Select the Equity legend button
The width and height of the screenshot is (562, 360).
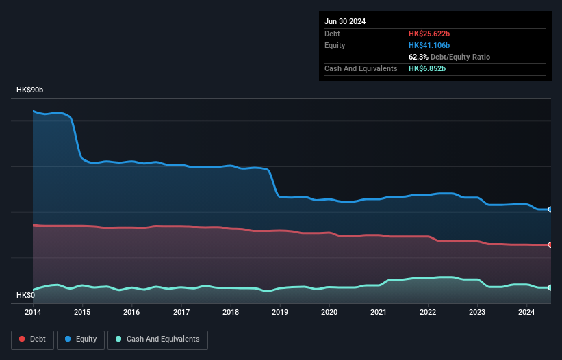point(80,339)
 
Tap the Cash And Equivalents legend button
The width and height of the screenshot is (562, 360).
point(157,339)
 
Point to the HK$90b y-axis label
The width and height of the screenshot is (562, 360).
point(30,90)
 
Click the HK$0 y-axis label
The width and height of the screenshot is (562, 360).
point(25,295)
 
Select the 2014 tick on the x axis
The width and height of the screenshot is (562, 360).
point(33,313)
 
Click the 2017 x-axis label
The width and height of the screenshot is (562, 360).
point(181,313)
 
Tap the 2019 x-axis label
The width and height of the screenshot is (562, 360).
point(280,313)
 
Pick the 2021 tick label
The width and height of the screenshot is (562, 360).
point(379,313)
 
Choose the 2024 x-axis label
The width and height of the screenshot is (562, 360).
point(527,313)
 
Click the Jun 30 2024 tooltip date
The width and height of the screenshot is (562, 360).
point(345,21)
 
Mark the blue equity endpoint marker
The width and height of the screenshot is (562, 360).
point(550,209)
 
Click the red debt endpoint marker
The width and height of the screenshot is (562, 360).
point(550,244)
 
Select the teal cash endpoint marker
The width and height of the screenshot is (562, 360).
point(550,287)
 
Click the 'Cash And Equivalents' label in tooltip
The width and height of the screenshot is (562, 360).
point(361,68)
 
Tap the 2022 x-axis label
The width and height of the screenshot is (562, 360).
point(428,313)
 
